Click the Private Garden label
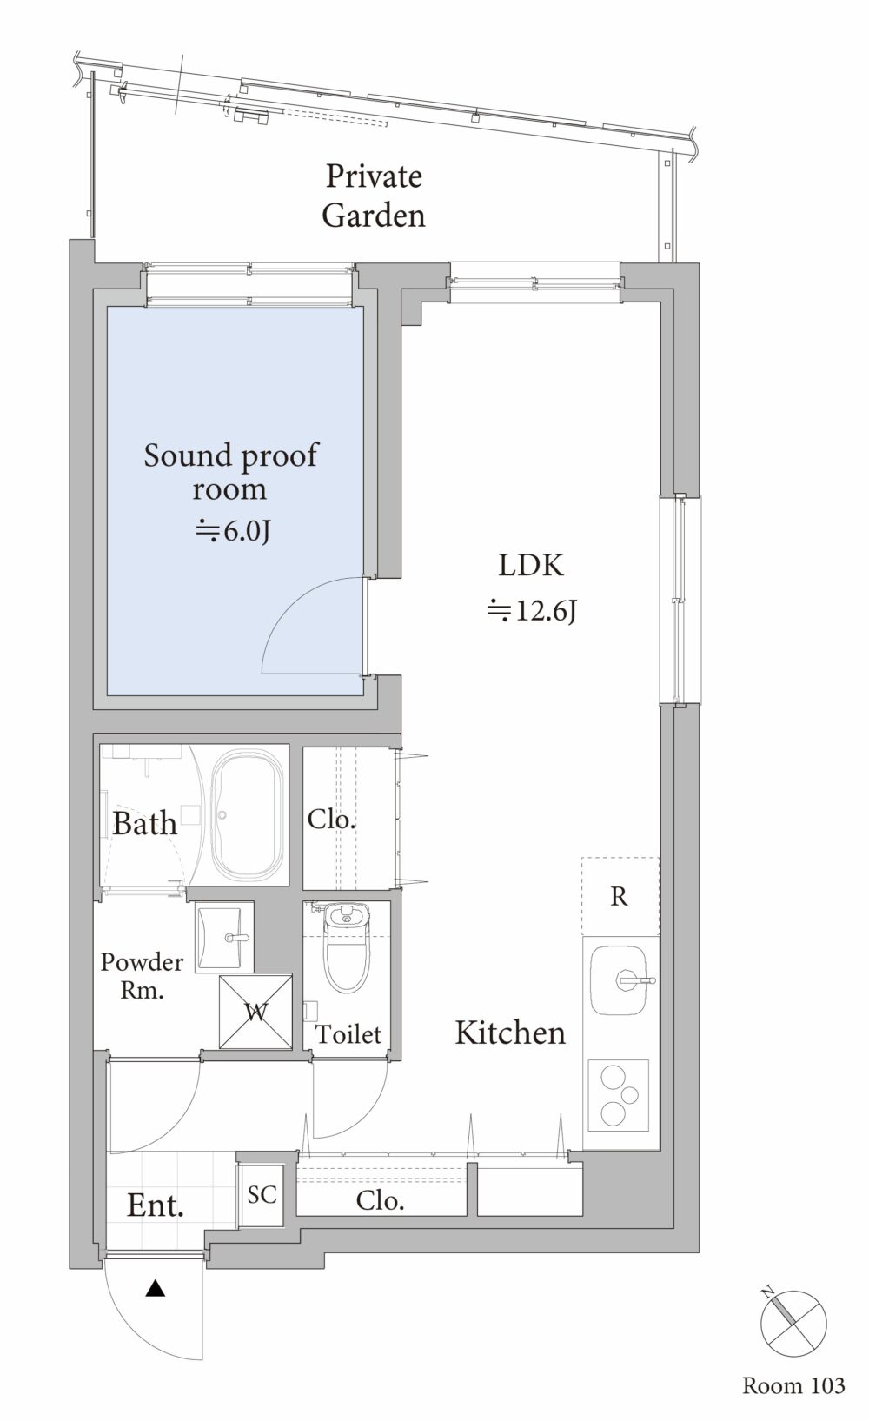point(374,196)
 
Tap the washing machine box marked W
point(255,1012)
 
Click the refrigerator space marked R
point(620,896)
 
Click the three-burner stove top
point(619,1096)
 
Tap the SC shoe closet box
point(262,1195)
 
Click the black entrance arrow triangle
point(156,1288)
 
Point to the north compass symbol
point(793,1318)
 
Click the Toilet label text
point(348,1034)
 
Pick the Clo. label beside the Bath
point(331,819)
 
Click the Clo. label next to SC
point(380,1200)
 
